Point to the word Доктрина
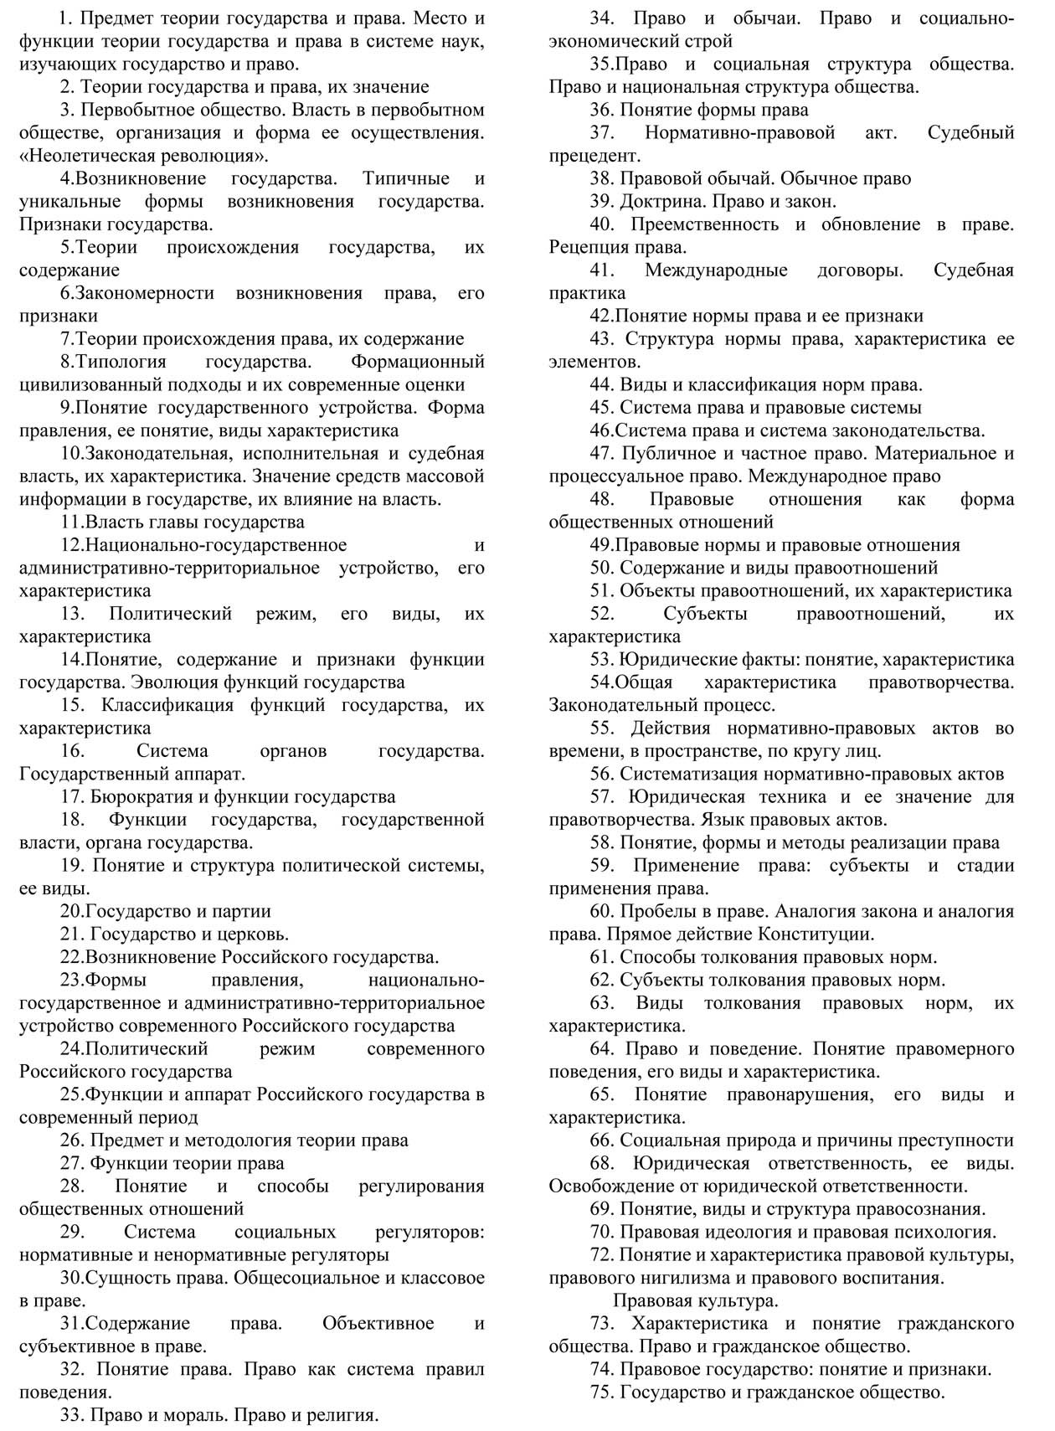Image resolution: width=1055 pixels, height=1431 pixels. [x=661, y=201]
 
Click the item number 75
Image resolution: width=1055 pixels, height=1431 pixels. [x=602, y=1392]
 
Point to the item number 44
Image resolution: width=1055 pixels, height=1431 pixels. [x=602, y=384]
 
